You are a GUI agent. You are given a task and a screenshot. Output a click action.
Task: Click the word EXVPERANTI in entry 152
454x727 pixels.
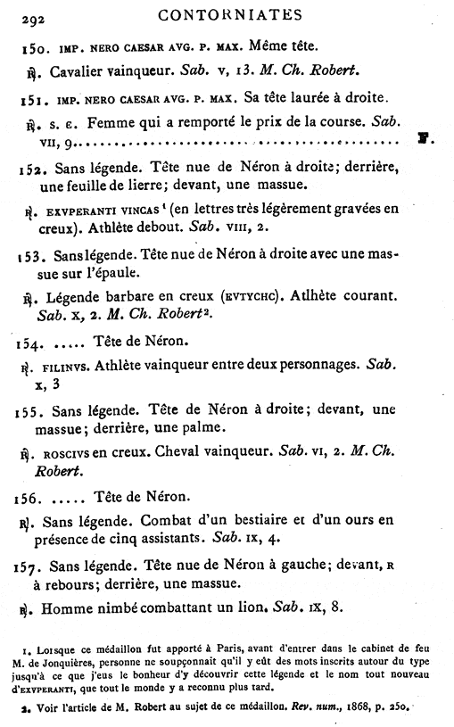pyautogui.click(x=78, y=213)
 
